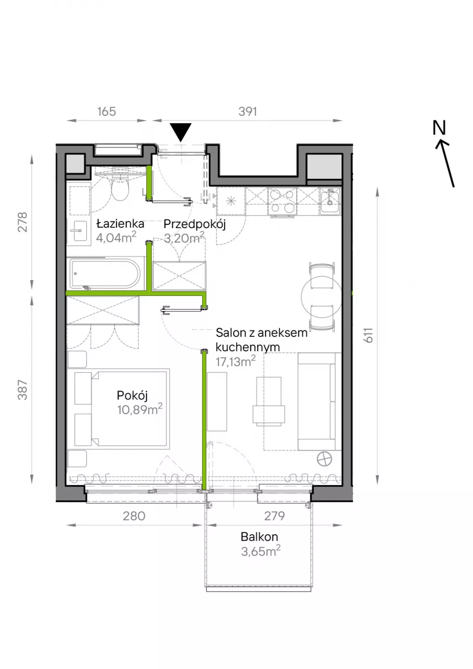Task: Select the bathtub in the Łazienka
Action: tap(105, 274)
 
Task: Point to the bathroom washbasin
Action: tap(79, 230)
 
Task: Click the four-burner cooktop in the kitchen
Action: tap(282, 201)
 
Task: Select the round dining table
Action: tap(322, 296)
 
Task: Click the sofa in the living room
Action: tap(319, 401)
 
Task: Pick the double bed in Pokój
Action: tap(118, 409)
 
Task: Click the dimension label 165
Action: tap(106, 111)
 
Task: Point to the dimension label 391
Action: tap(248, 111)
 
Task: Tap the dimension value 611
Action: tap(369, 335)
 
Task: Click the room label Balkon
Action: tap(259, 537)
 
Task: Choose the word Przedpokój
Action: tap(194, 224)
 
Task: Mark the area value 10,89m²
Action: tap(140, 409)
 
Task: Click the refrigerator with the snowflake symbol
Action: tap(231, 201)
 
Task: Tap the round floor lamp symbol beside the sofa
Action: tap(324, 459)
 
